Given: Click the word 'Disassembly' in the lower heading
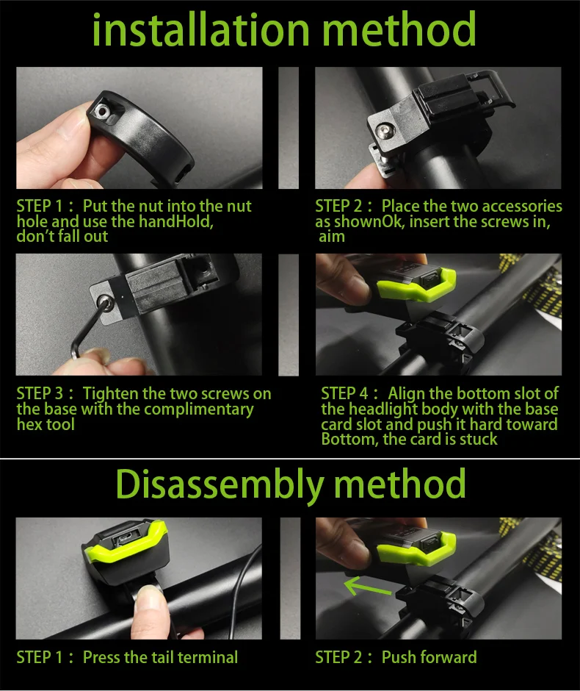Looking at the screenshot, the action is click(220, 484).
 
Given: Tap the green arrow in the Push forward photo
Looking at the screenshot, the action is click(367, 586).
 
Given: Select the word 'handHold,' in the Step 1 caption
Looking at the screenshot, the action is click(176, 221).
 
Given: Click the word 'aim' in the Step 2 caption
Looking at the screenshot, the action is click(332, 237).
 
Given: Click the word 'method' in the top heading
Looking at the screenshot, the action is click(399, 29).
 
